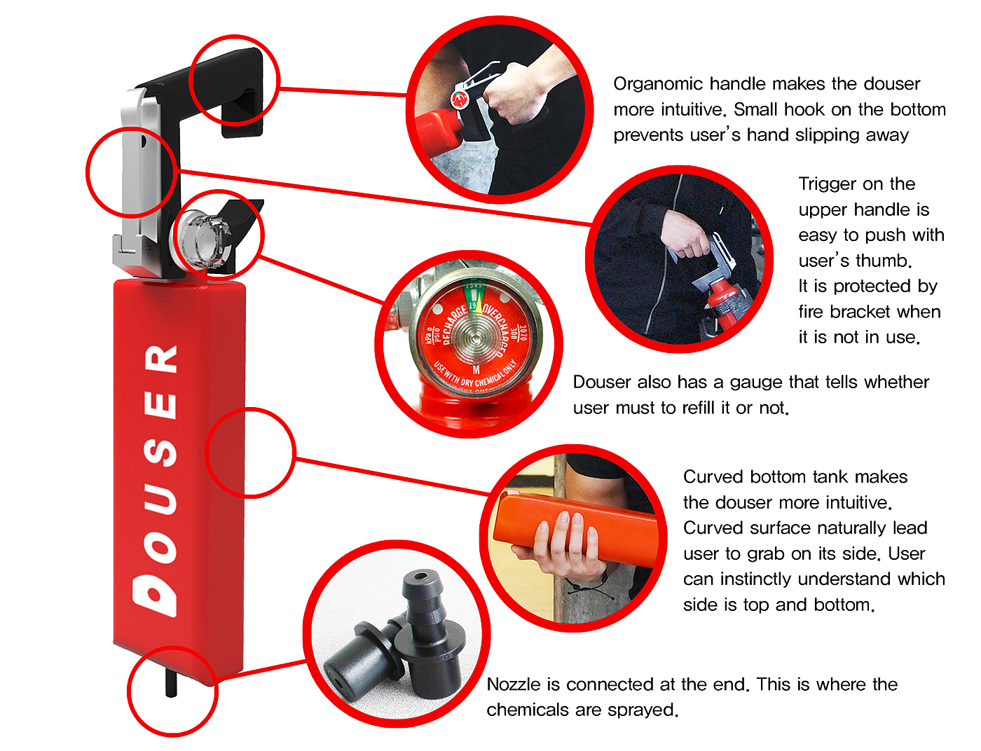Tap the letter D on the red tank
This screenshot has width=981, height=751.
click(154, 595)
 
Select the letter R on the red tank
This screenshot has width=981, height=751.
click(160, 359)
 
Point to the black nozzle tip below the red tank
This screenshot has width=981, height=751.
click(171, 683)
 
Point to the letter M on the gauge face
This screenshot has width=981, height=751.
click(476, 371)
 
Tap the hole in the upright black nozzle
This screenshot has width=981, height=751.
click(421, 577)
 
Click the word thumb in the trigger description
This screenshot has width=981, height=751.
click(884, 261)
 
